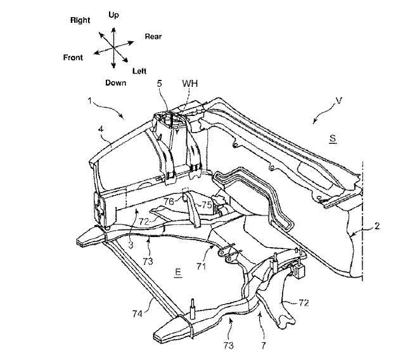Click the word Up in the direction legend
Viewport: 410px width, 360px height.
[x=113, y=15]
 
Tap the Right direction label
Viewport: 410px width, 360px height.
[x=80, y=20]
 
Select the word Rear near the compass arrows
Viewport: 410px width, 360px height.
[x=153, y=37]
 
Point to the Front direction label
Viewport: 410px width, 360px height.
[x=73, y=58]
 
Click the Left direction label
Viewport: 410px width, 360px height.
[x=139, y=71]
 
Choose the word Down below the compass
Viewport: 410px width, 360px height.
[x=116, y=83]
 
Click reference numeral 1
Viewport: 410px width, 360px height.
[x=90, y=101]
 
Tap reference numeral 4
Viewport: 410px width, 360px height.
[x=101, y=129]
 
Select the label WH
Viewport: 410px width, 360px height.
[x=190, y=84]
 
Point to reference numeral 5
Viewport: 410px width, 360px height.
[x=160, y=84]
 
